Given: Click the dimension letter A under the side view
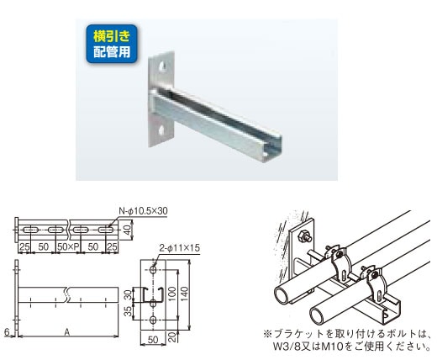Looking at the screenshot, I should click(67, 332).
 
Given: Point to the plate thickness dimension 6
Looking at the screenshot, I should click(7, 332).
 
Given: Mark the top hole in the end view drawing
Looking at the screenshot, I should click(153, 270).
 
